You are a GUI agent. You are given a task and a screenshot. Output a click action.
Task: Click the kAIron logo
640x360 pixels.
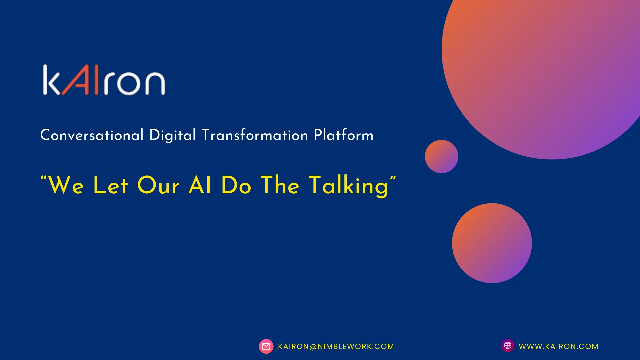[x=104, y=80]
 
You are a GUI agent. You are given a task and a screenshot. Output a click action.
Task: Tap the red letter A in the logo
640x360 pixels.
[x=76, y=80]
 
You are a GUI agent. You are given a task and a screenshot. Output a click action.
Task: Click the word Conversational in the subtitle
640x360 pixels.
[x=92, y=135]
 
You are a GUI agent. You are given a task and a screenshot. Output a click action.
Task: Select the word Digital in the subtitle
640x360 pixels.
[x=172, y=135]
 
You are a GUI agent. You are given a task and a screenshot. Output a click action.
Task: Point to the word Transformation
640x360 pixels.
[x=255, y=135]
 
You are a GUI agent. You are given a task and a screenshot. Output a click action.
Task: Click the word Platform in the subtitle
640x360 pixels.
[x=344, y=135]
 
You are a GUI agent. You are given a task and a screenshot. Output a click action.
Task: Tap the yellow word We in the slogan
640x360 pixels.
[x=66, y=185]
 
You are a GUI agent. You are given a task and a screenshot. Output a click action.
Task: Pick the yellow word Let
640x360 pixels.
[x=111, y=185]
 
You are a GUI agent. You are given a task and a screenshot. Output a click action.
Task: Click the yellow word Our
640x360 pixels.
[x=158, y=185]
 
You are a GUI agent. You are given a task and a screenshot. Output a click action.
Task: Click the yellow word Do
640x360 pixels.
[x=236, y=185]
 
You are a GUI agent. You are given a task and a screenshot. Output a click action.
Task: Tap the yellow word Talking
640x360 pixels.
[x=349, y=186]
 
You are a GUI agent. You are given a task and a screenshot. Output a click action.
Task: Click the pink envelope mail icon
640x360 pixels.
[x=266, y=346]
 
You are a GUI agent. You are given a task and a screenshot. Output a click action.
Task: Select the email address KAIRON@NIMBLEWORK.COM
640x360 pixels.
[x=336, y=347]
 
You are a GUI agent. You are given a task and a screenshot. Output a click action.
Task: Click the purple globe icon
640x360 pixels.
[x=508, y=346]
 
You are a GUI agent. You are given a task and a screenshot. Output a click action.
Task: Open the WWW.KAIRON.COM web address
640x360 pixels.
[x=559, y=347]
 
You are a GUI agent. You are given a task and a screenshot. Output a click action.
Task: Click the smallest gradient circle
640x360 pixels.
[x=441, y=156]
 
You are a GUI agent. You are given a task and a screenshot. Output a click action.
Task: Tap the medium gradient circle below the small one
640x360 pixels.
[x=492, y=243]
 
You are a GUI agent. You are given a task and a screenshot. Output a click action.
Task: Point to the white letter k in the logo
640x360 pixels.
[x=52, y=80]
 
